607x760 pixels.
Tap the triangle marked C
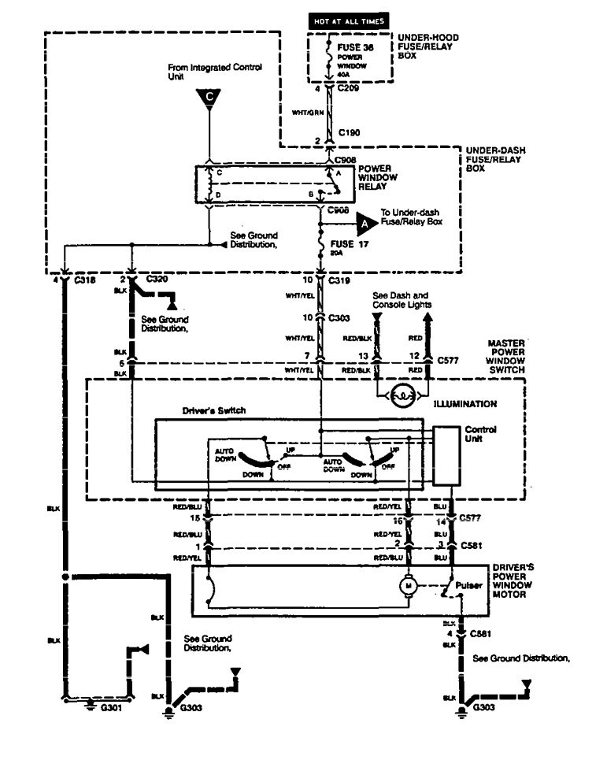pyautogui.click(x=209, y=98)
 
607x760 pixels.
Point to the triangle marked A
pyautogui.click(x=365, y=224)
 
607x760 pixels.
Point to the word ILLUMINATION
pyautogui.click(x=465, y=403)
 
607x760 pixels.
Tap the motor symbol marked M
pyautogui.click(x=409, y=586)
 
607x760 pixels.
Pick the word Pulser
pyautogui.click(x=468, y=586)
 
